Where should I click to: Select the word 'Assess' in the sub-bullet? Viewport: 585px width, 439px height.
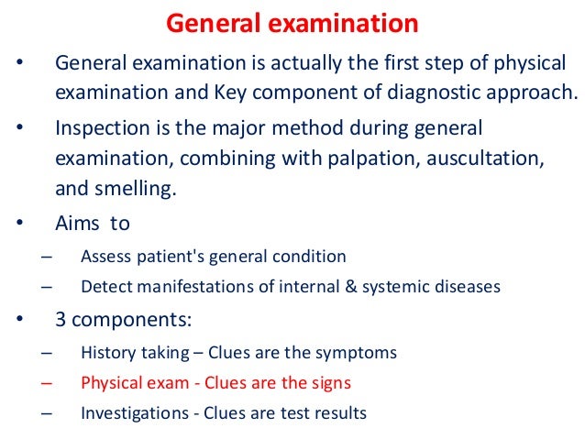(105, 256)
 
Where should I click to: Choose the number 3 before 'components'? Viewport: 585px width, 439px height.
(61, 320)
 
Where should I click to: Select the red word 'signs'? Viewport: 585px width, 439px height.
(329, 382)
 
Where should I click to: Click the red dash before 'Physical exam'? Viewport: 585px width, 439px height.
(47, 383)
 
